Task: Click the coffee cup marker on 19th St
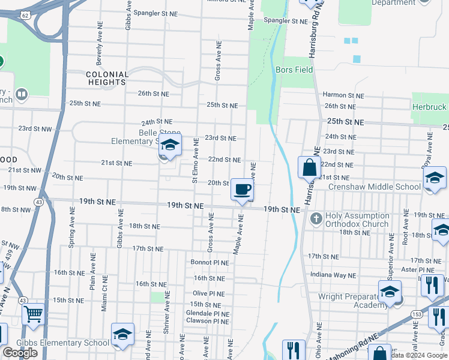click(x=242, y=190)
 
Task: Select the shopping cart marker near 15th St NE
click(x=33, y=314)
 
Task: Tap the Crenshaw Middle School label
click(x=375, y=187)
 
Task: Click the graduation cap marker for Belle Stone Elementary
click(x=170, y=146)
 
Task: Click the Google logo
click(x=20, y=353)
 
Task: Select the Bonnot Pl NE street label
click(x=209, y=262)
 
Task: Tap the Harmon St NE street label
click(x=343, y=95)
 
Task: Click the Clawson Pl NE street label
click(x=207, y=321)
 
